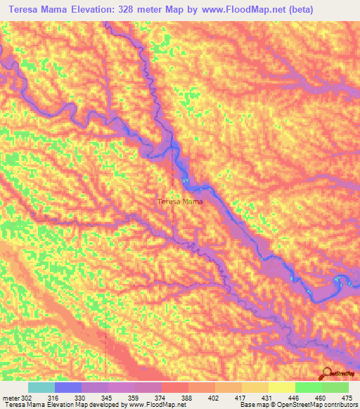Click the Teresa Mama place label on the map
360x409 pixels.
[x=179, y=202]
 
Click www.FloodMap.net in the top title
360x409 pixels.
[x=233, y=8]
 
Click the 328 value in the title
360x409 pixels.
[x=140, y=8]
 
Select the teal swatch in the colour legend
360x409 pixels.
[x=41, y=387]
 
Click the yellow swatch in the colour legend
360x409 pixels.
[x=281, y=387]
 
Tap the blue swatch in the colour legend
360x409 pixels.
[x=68, y=387]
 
